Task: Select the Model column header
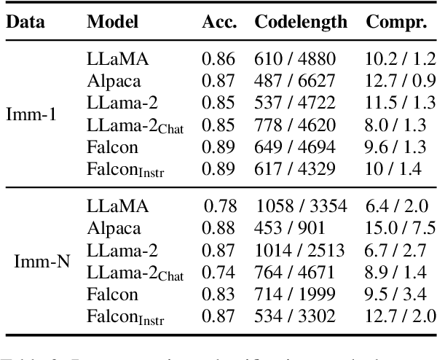coord(112,21)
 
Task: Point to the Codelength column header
coord(301,21)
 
